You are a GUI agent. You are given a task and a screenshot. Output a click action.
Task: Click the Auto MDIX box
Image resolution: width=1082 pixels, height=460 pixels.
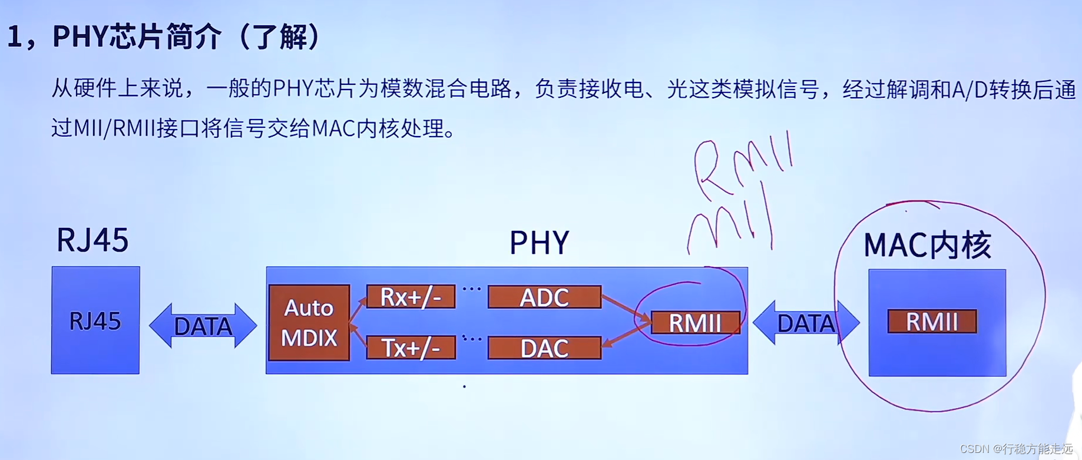[309, 323]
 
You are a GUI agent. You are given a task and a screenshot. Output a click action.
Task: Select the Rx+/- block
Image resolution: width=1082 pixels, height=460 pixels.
[411, 297]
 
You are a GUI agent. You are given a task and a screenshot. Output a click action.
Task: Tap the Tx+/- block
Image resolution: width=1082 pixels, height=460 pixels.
[411, 348]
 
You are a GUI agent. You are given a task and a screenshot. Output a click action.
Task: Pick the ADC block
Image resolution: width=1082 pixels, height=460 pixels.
[544, 297]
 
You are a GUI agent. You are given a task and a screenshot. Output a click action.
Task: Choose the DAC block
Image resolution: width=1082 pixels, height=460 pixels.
[544, 348]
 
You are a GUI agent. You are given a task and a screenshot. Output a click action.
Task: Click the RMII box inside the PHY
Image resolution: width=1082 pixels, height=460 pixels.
[695, 323]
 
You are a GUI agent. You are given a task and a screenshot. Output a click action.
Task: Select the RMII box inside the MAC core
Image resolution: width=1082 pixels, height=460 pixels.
[932, 322]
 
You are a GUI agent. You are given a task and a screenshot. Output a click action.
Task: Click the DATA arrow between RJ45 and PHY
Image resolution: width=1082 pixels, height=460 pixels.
[203, 326]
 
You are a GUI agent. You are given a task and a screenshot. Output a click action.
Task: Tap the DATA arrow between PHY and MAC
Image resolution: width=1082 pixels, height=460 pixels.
[806, 323]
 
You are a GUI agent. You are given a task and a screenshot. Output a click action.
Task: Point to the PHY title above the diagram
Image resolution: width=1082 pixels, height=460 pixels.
[539, 242]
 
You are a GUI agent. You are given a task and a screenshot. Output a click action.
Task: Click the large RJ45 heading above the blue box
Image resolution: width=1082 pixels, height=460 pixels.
[92, 240]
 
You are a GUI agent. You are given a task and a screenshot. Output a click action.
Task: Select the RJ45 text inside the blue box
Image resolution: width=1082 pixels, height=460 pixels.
[95, 321]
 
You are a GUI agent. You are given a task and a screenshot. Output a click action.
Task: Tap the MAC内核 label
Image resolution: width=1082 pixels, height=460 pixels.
[927, 245]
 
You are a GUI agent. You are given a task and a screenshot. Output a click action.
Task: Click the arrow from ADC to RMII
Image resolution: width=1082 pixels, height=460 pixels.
[626, 307]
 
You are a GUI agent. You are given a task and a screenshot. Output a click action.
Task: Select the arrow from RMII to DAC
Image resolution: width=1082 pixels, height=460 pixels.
[626, 336]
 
